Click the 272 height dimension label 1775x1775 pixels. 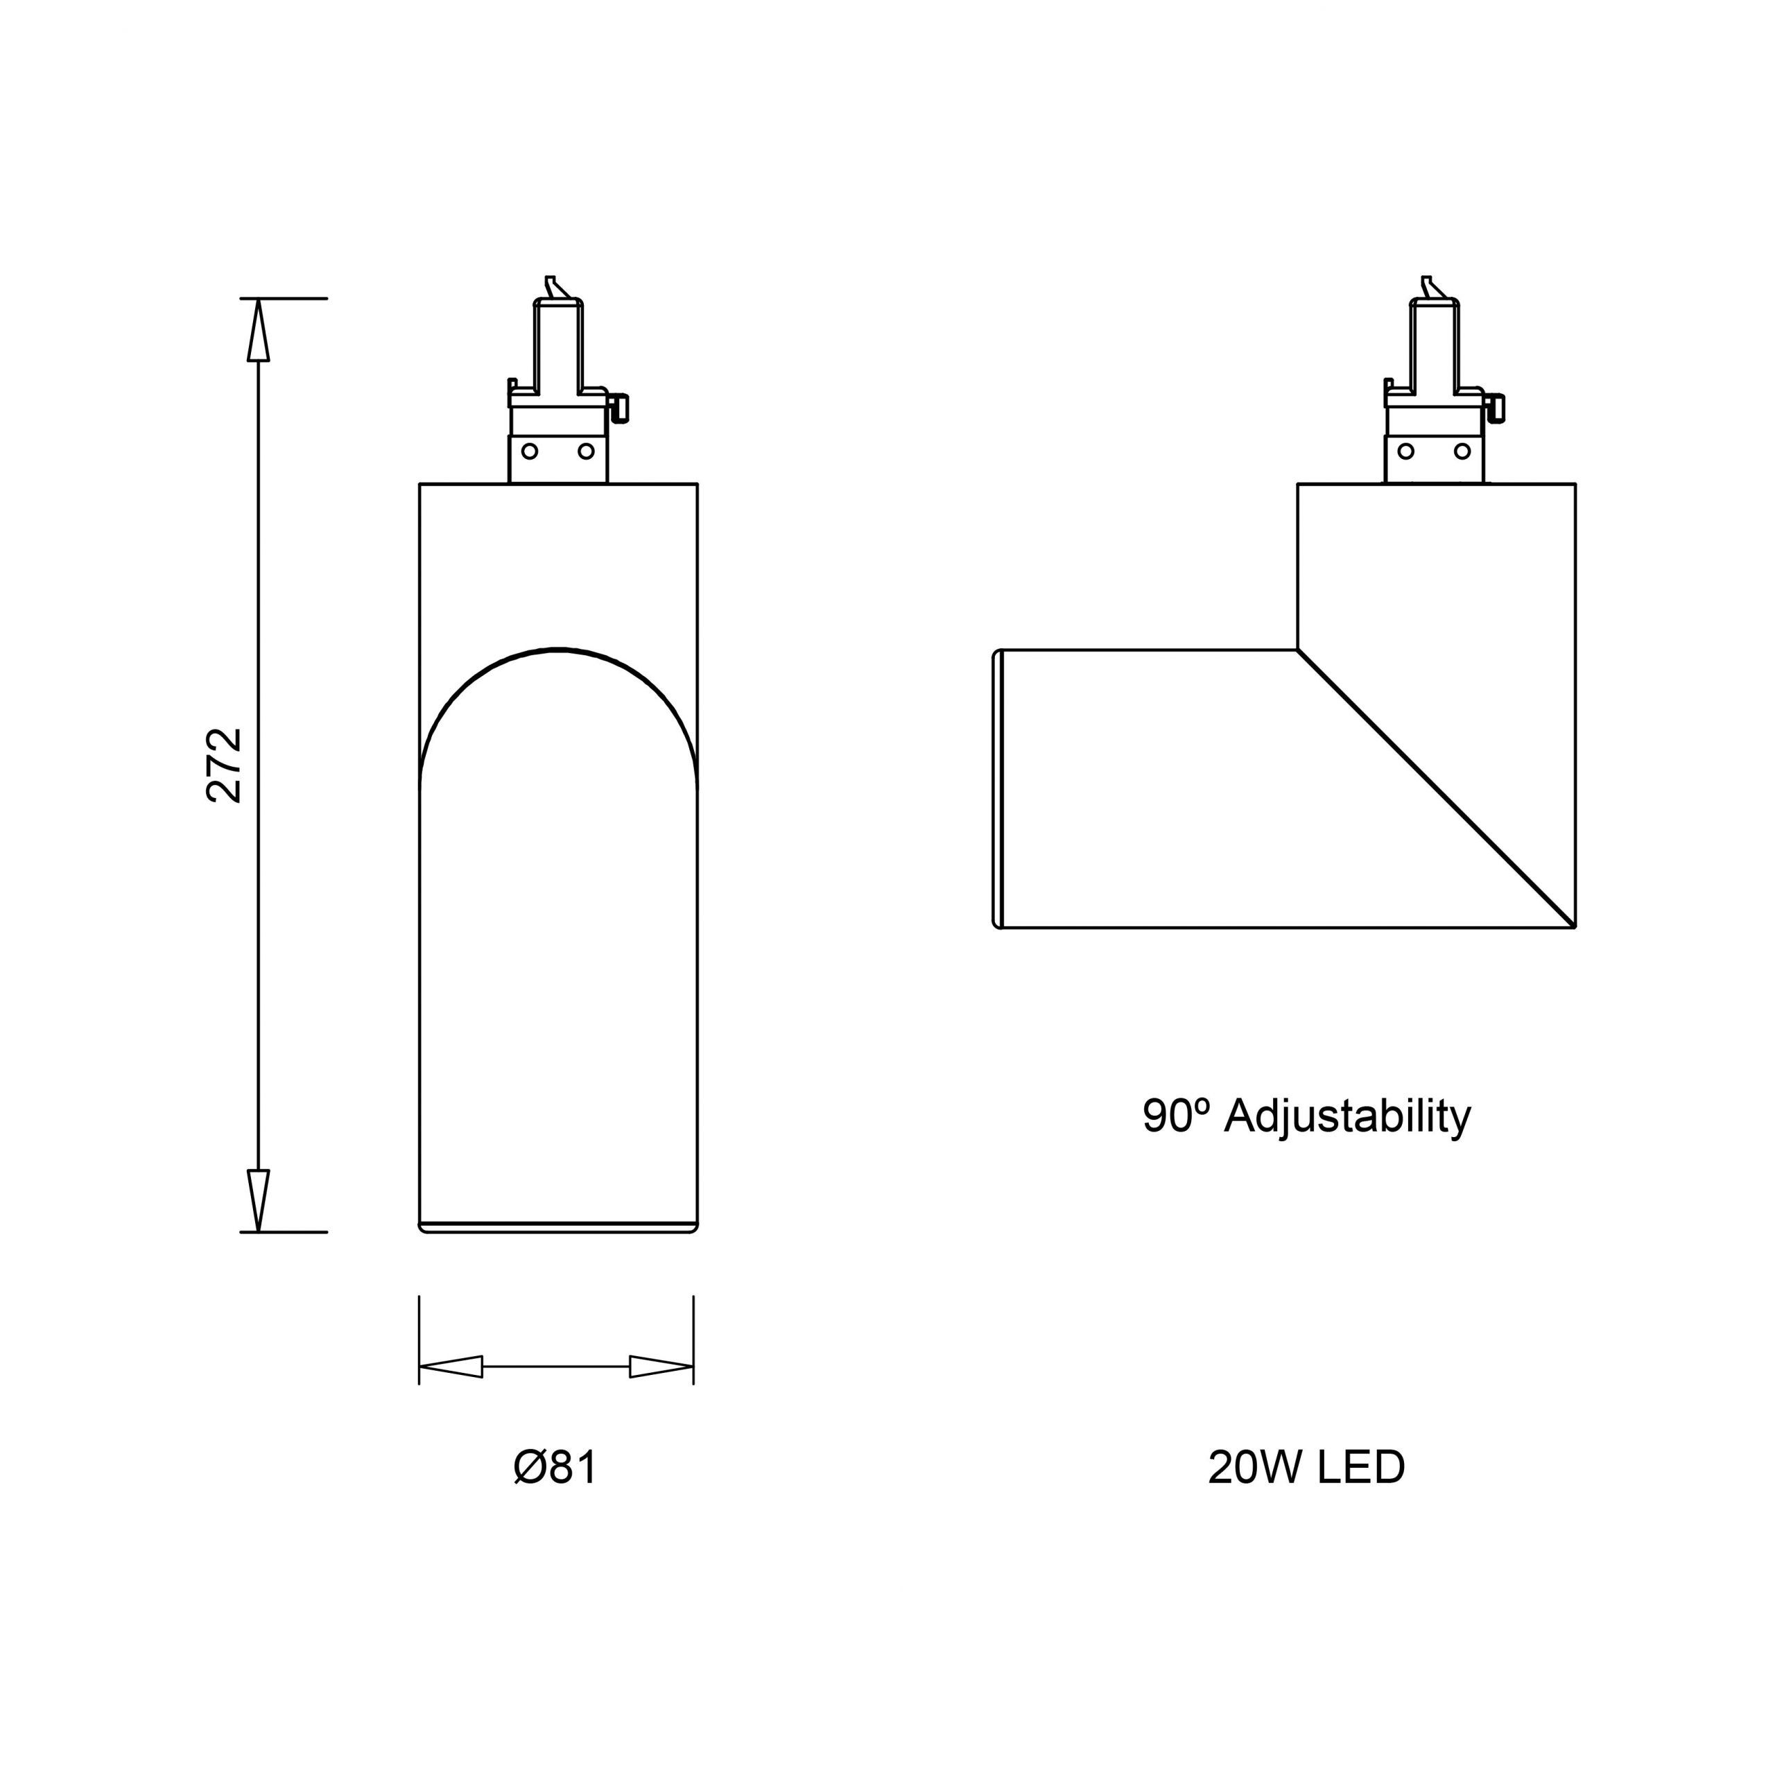tap(224, 766)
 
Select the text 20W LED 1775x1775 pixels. tap(1306, 1468)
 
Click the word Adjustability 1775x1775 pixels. tap(1348, 1117)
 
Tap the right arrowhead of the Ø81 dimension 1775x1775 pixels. tap(661, 1366)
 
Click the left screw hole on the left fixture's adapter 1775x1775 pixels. tap(530, 451)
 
